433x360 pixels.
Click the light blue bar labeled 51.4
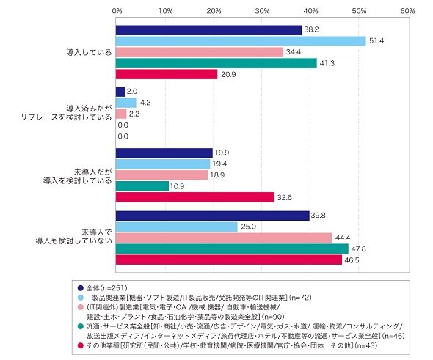[241, 41]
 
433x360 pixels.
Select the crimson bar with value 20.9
[167, 75]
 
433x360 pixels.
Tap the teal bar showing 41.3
[216, 64]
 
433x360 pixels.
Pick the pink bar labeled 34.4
[200, 52]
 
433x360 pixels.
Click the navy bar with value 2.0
[120, 92]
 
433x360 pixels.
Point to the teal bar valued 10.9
[142, 186]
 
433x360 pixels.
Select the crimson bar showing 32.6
[195, 197]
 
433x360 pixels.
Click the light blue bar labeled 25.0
[177, 227]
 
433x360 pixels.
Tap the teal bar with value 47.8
[232, 249]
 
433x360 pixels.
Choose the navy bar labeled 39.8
[213, 216]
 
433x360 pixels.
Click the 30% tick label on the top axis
[262, 11]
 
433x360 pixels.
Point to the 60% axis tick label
[408, 11]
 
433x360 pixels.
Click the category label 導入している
[89, 52]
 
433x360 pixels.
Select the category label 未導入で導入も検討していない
[74, 236]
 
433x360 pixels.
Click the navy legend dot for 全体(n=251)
[81, 288]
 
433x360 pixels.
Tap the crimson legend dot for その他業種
[81, 345]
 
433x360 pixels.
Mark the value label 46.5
[352, 260]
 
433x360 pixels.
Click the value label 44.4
[343, 238]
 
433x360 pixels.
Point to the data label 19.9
[222, 153]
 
